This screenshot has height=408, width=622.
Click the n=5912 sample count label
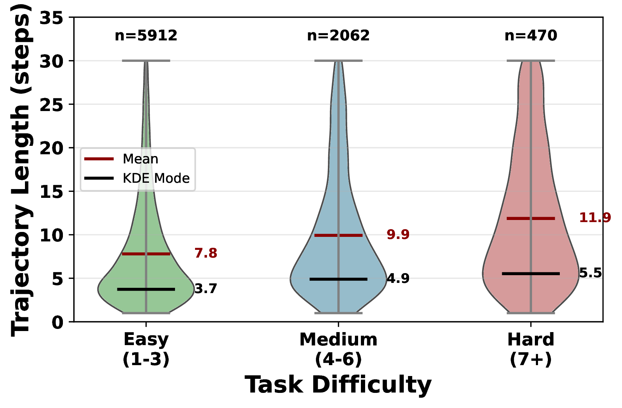(x=146, y=35)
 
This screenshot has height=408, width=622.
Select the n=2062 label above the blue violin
(x=338, y=35)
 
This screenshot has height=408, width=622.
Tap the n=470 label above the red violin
(x=531, y=35)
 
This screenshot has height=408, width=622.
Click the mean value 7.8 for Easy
(x=206, y=253)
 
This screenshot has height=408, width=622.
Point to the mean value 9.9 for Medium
(x=398, y=234)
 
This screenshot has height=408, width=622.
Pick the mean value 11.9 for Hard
(x=595, y=218)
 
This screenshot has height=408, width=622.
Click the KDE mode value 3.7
(x=206, y=289)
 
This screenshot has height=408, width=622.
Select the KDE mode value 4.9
(x=398, y=279)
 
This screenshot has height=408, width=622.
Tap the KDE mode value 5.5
(x=590, y=273)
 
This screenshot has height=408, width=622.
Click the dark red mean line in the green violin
(x=158, y=254)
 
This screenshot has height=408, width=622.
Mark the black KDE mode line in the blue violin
(x=351, y=279)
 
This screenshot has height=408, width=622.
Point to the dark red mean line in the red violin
(x=543, y=219)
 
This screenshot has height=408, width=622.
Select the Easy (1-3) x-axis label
(x=146, y=349)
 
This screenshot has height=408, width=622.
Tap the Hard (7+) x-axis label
(x=531, y=349)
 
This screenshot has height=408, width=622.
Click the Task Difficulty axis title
(x=338, y=385)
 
